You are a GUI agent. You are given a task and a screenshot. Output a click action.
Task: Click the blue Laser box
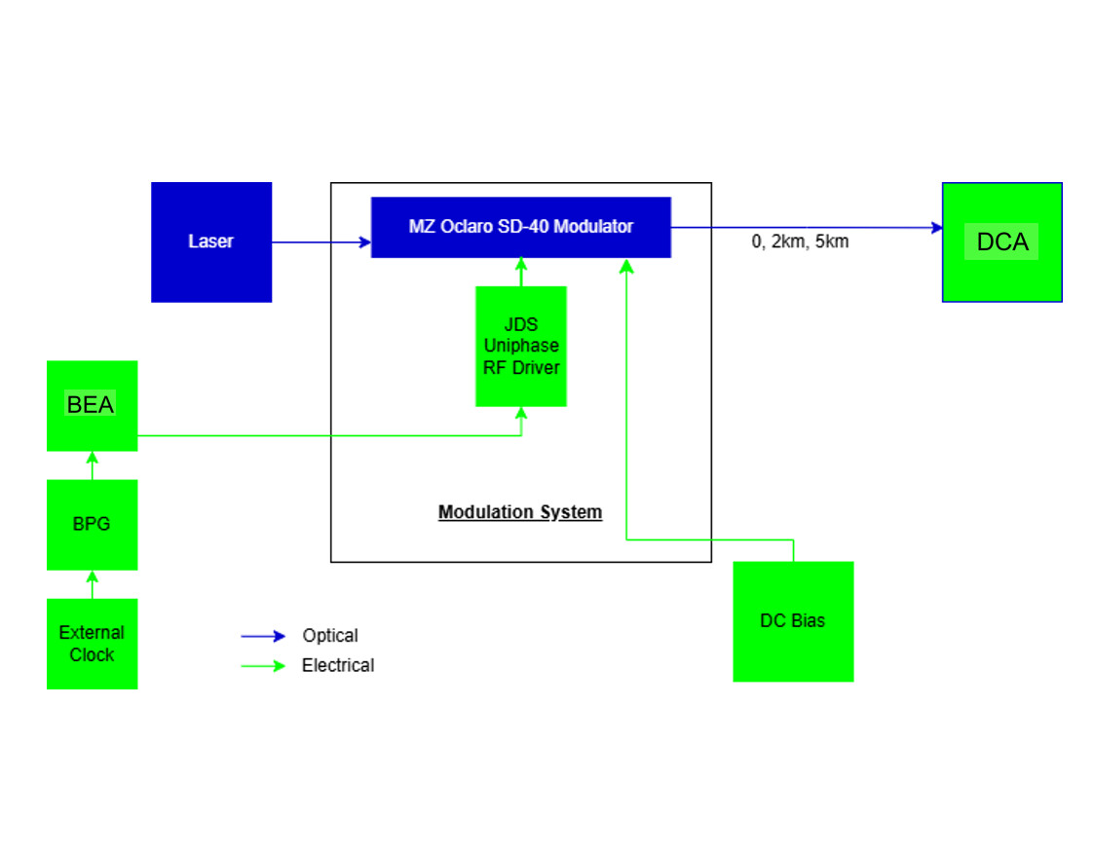click(210, 241)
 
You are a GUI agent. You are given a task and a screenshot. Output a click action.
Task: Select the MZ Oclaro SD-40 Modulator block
click(520, 227)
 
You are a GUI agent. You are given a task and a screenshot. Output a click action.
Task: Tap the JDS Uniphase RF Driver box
click(520, 346)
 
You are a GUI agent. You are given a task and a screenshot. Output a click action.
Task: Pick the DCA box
click(1001, 242)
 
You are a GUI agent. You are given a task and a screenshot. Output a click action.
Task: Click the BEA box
click(92, 405)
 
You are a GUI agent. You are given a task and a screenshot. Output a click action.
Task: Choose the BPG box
click(92, 524)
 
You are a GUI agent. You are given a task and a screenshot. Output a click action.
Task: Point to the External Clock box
click(92, 644)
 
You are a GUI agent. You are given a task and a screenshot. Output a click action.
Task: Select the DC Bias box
click(793, 621)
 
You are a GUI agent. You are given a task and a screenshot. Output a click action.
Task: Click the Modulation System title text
click(520, 512)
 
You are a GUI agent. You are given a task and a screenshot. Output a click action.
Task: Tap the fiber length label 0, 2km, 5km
click(800, 242)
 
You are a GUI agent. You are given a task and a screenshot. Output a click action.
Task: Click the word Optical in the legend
click(330, 636)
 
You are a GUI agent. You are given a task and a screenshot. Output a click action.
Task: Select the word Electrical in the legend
click(338, 666)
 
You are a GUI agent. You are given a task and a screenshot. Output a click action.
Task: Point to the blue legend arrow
click(263, 637)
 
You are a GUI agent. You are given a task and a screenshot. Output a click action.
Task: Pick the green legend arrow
click(263, 666)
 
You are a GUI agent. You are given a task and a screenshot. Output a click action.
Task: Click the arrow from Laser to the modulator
click(321, 242)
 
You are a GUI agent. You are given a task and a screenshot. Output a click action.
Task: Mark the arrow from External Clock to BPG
click(93, 584)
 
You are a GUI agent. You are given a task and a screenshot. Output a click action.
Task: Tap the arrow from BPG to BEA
click(93, 465)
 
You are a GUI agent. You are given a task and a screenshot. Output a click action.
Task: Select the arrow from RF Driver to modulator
click(521, 272)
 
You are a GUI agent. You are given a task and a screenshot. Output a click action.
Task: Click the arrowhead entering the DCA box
click(936, 228)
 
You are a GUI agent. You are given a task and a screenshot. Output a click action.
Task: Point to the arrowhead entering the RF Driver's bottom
click(521, 413)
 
